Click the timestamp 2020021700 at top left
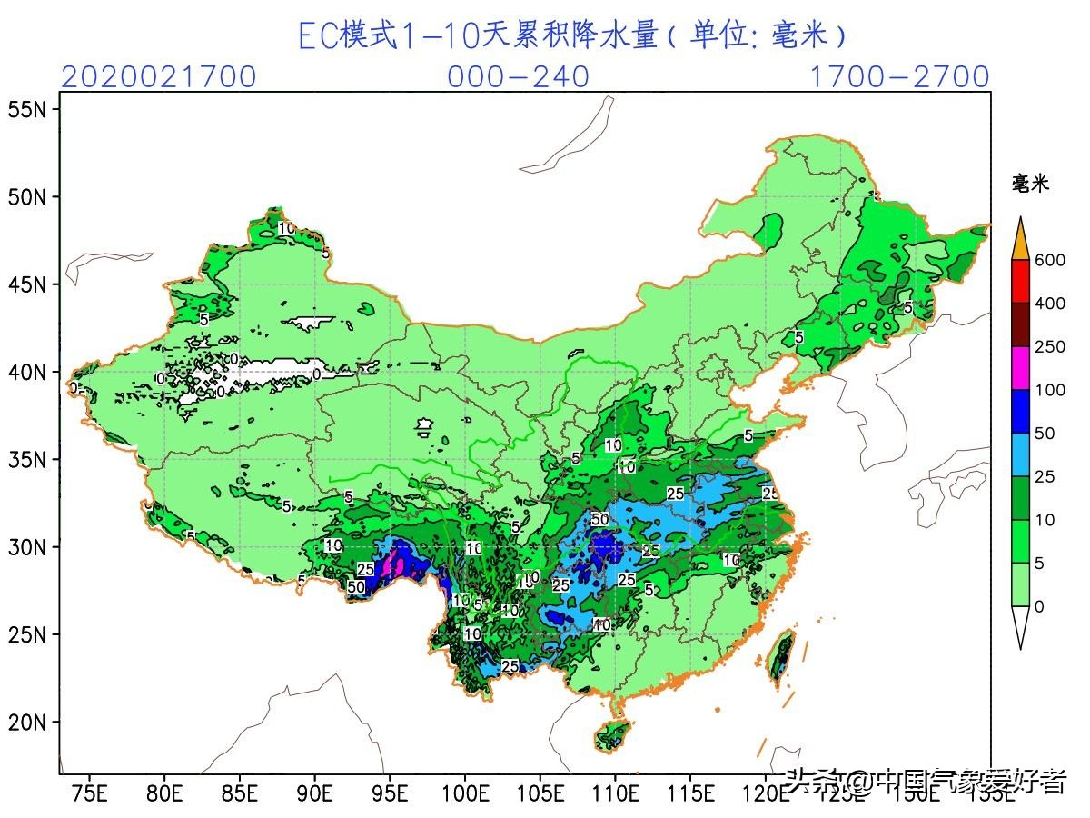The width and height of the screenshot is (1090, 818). coord(159,77)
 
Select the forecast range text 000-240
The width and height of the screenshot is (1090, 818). coord(518,77)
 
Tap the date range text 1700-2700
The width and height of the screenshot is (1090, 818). coord(898,77)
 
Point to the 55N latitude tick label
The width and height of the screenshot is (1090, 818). coord(27,109)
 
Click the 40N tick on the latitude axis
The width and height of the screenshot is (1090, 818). coord(27,372)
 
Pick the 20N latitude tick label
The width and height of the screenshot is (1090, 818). coord(27,723)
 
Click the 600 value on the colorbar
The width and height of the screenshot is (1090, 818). coord(1049,261)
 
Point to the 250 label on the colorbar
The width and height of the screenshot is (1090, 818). coord(1049,347)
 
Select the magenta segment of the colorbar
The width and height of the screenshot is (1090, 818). coord(1020,368)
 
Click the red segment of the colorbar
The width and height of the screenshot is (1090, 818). coord(1020,282)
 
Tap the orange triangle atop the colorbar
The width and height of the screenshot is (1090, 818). coord(1020,241)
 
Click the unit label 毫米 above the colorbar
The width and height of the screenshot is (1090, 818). coord(1030,184)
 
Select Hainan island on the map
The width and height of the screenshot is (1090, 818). coord(613,735)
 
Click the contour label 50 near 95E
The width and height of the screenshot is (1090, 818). coord(356,587)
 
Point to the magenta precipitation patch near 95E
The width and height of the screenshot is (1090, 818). coord(395,564)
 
